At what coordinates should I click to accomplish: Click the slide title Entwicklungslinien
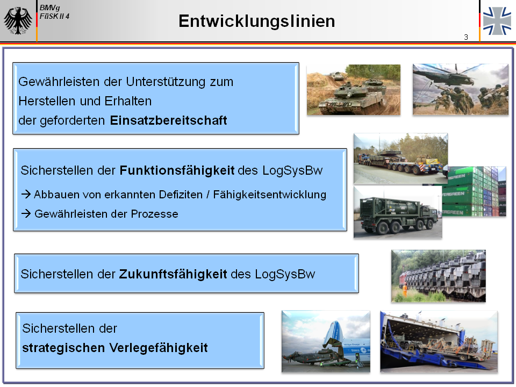click(257, 21)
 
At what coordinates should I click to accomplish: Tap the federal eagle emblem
click(18, 20)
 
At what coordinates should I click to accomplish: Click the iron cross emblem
click(497, 21)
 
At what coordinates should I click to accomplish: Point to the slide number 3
click(466, 37)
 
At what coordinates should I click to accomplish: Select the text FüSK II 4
click(54, 16)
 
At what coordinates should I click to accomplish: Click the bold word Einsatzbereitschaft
click(168, 120)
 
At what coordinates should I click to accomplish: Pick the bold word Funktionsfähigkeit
click(177, 170)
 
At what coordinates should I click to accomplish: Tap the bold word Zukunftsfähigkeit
click(173, 274)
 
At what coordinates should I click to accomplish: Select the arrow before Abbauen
click(26, 195)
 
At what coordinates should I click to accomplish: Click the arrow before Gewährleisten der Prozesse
click(26, 214)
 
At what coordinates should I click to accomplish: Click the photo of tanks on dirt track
click(354, 90)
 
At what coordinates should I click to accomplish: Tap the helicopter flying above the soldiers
click(453, 75)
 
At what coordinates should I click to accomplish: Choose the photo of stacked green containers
click(474, 191)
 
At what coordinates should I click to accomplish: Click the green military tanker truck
click(398, 215)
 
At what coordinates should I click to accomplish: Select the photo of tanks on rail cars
click(439, 276)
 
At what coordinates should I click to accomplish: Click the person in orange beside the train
click(405, 290)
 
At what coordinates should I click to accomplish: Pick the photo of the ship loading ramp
click(439, 342)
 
